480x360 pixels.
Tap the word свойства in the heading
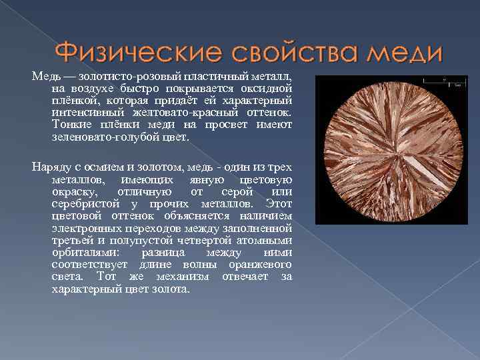click(270, 51)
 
